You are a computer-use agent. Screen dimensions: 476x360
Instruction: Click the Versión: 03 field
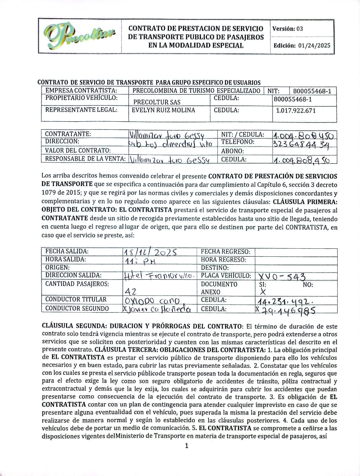pyautogui.click(x=288, y=29)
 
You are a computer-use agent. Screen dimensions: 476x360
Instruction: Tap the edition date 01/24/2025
pyautogui.click(x=314, y=46)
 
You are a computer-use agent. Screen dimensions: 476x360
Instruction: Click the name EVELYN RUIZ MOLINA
pyautogui.click(x=163, y=110)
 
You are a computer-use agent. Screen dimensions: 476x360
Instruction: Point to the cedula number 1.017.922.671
pyautogui.click(x=296, y=111)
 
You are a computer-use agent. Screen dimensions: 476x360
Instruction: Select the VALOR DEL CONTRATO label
pyautogui.click(x=78, y=150)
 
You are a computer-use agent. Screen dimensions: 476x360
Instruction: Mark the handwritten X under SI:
pyautogui.click(x=263, y=292)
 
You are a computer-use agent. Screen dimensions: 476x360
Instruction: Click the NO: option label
pyautogui.click(x=308, y=285)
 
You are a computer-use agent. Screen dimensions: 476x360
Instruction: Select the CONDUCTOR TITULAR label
pyautogui.click(x=76, y=299)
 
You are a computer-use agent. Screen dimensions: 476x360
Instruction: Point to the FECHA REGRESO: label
pyautogui.click(x=225, y=252)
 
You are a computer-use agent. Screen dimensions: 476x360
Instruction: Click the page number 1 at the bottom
pyautogui.click(x=187, y=446)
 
